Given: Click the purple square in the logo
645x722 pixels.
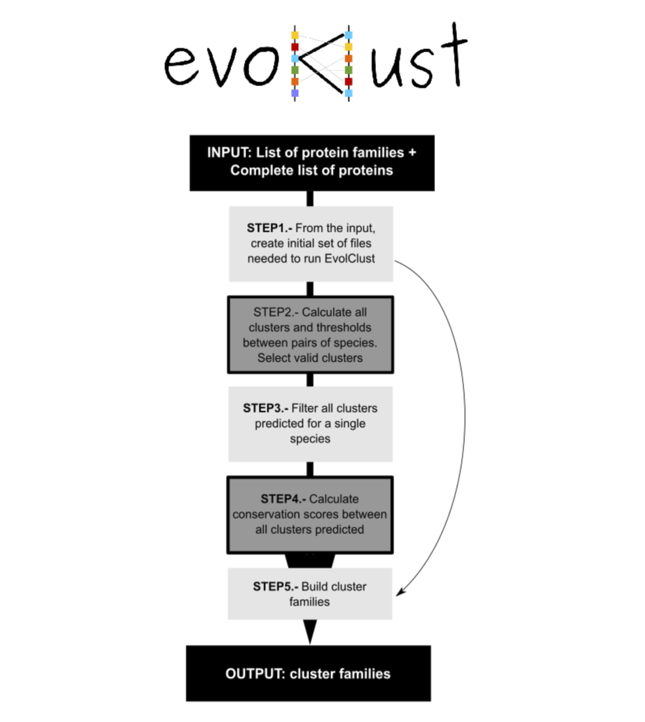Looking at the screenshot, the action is (295, 93).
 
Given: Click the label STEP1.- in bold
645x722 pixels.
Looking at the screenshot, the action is (269, 228).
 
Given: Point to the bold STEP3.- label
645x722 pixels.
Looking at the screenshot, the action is (265, 408).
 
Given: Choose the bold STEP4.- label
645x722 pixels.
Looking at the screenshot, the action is (283, 499).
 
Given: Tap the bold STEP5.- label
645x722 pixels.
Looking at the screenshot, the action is (275, 587).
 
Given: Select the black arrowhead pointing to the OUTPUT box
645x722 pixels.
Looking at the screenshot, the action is (310, 632).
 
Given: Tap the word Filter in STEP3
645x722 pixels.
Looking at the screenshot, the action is (305, 408).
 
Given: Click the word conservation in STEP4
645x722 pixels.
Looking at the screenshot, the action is (264, 514).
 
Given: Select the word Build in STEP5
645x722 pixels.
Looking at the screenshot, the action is (314, 587).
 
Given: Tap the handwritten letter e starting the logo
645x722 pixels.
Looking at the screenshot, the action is (182, 66).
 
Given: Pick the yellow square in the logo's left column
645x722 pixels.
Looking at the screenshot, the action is (295, 35).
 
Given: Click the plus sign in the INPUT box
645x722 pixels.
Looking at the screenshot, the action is (412, 153).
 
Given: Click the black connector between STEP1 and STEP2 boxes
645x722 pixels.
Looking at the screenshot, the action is (310, 289).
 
